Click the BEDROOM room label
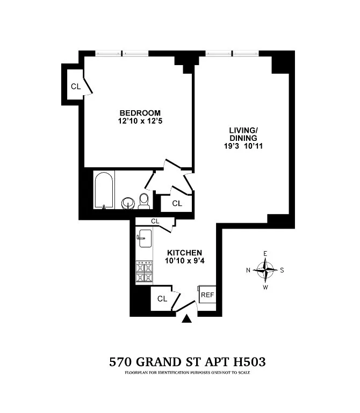coord(140,112)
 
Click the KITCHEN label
coord(184,253)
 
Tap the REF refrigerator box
coord(207,295)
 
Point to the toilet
coord(143,201)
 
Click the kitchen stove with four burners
coord(144,272)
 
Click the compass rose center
coord(265,270)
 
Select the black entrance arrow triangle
coord(186,319)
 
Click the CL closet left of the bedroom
coord(75,86)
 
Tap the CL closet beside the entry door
coord(162,299)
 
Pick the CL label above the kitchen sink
coord(155,221)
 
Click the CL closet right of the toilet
coord(176,203)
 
